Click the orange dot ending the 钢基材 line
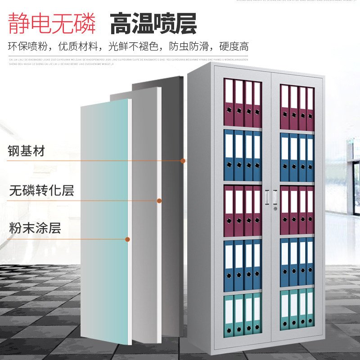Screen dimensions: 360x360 (183, 160)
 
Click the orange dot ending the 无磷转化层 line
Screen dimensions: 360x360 (159, 201)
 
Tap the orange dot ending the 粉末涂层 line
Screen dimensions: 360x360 (128, 239)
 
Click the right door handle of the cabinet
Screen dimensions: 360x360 (274, 197)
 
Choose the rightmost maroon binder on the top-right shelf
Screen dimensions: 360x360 (310, 108)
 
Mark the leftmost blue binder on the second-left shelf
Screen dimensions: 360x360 (229, 155)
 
